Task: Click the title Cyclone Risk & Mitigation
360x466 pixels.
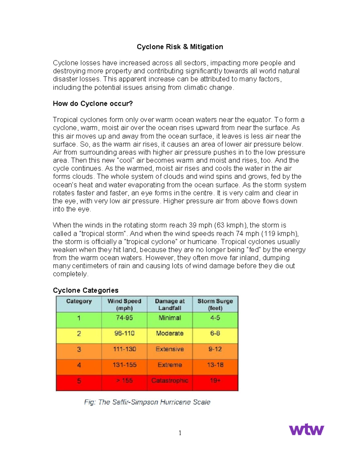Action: point(180,47)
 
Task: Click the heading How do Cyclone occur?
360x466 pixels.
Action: point(93,104)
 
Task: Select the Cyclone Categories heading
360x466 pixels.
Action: point(85,290)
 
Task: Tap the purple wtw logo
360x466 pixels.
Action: point(306,429)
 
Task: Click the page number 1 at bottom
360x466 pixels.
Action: point(180,433)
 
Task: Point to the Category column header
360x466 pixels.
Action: point(79,301)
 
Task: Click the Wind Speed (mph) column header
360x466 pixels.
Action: point(124,304)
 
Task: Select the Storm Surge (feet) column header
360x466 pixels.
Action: point(215,304)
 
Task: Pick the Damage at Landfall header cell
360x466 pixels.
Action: point(170,304)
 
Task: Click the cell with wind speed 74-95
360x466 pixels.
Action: point(124,318)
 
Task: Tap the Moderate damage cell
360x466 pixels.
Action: point(170,333)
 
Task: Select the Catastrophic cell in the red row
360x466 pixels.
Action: point(170,380)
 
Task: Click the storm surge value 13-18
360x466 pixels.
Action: point(215,365)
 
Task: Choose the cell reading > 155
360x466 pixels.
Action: point(124,380)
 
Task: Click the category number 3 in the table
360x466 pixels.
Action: point(79,349)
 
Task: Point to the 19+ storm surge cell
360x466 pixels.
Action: point(215,380)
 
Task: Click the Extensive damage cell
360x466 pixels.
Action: point(170,349)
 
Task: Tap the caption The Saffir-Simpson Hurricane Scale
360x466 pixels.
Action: point(147,402)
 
